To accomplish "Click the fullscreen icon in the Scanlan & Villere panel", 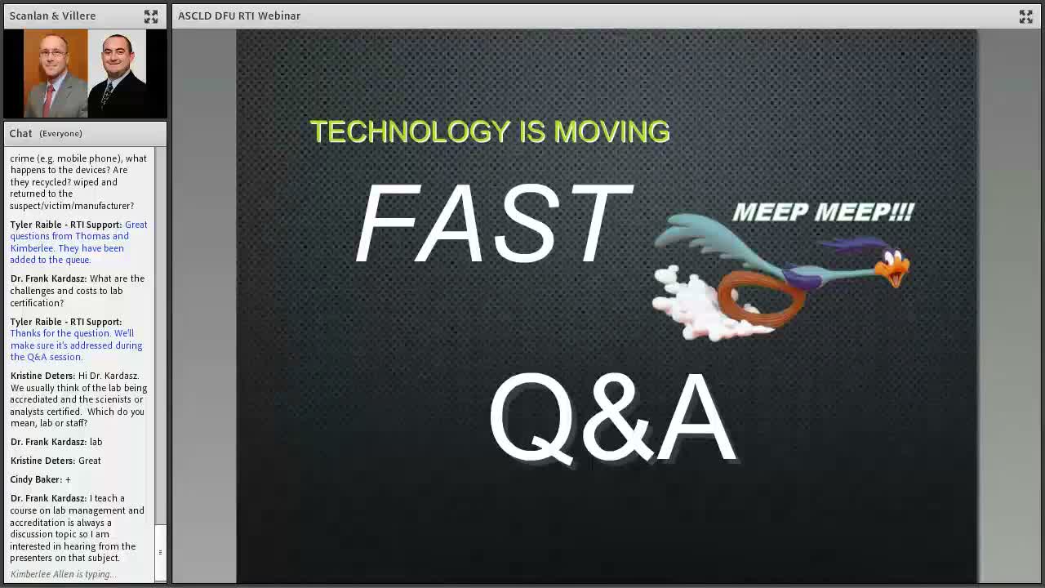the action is (151, 16).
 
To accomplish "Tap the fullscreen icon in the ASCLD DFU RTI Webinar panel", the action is (1026, 16).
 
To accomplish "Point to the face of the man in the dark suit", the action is (116, 57).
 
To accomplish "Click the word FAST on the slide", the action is (495, 223).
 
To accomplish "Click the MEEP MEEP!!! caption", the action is (824, 212).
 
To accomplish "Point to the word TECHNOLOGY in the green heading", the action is (411, 131).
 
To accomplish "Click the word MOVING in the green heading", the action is (612, 131).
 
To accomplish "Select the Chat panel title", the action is (20, 133).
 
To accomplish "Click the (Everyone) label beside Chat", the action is (60, 133).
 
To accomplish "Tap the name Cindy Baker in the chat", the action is (35, 479).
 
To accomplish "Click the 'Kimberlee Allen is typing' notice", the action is (64, 574).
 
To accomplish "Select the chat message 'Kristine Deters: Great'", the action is (56, 461).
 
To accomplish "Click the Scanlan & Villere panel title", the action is (52, 16).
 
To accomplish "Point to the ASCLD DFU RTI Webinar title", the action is (239, 16).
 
